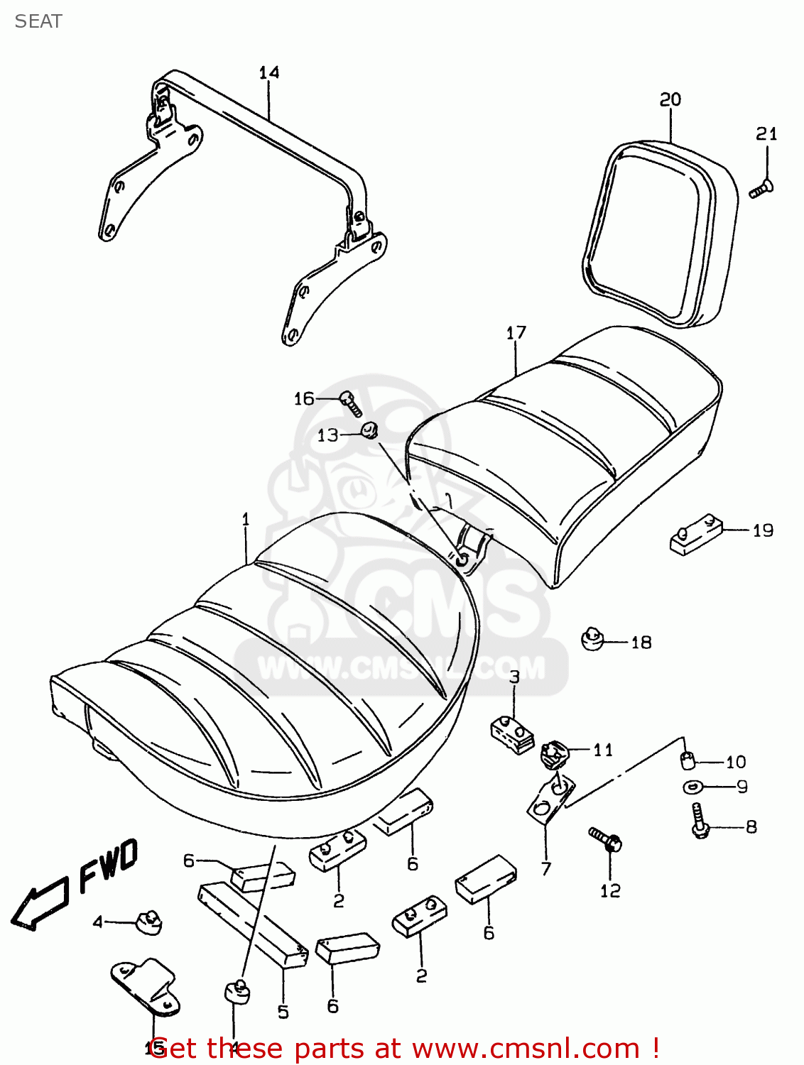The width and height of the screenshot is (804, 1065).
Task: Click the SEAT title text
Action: (x=38, y=21)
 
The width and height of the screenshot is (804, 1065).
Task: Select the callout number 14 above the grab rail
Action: (x=269, y=72)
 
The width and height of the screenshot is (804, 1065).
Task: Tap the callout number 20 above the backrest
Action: (x=670, y=99)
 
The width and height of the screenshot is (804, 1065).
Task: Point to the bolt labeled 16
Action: (x=351, y=403)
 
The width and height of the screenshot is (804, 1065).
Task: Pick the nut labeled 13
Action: (x=369, y=430)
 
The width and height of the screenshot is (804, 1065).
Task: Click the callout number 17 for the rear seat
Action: (x=516, y=332)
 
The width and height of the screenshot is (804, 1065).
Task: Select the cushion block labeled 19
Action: (x=696, y=535)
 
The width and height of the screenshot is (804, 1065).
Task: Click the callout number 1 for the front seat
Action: (x=246, y=520)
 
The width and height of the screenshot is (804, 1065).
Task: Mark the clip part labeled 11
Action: (x=555, y=754)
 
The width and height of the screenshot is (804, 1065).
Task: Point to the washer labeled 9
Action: (x=692, y=787)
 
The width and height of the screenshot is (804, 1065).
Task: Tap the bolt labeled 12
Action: (x=606, y=840)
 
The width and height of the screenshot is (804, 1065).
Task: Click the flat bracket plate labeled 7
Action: (x=550, y=801)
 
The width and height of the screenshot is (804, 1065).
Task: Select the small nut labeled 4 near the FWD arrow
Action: (x=149, y=922)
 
